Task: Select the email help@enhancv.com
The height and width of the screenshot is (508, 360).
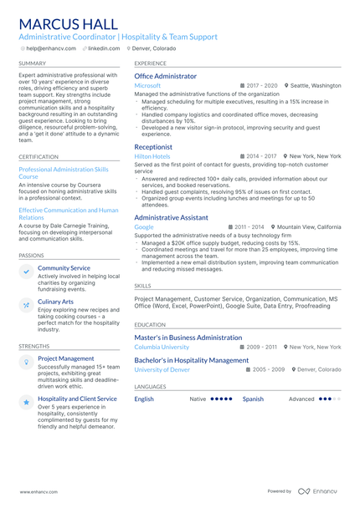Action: tap(50, 48)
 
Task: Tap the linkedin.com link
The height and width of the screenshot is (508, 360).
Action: tap(104, 48)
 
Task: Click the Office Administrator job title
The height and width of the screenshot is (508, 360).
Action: tap(166, 76)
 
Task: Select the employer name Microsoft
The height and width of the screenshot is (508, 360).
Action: tap(147, 86)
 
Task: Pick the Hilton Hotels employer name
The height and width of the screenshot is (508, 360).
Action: tap(152, 156)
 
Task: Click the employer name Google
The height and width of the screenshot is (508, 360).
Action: tap(144, 227)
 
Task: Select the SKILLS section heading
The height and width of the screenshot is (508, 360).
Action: tap(142, 286)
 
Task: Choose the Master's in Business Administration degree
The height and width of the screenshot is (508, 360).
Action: tap(188, 338)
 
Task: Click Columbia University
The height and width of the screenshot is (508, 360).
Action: tap(162, 347)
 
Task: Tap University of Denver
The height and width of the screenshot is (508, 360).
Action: tap(162, 369)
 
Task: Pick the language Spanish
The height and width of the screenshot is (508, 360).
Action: tap(253, 399)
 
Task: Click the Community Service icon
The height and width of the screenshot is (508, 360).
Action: tap(27, 272)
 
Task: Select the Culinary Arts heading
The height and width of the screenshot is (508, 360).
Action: tap(55, 302)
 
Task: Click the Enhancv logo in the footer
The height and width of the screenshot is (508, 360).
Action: tap(317, 491)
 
